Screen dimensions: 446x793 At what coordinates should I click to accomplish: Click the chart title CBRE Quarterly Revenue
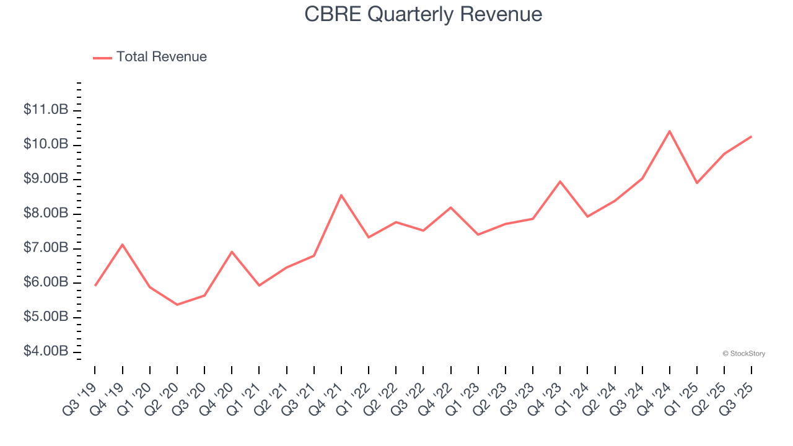pyautogui.click(x=423, y=14)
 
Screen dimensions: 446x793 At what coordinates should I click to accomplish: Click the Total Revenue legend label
pyautogui.click(x=161, y=57)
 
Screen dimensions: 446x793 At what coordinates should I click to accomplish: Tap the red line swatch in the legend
pyautogui.click(x=102, y=58)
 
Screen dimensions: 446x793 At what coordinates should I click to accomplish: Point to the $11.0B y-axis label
pyautogui.click(x=46, y=110)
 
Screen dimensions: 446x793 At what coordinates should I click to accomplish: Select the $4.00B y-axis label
pyautogui.click(x=46, y=352)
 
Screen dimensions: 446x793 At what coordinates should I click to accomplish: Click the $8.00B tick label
pyautogui.click(x=46, y=214)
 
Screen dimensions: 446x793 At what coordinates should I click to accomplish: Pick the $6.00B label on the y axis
pyautogui.click(x=46, y=282)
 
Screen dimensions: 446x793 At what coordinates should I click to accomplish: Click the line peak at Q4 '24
pyautogui.click(x=670, y=131)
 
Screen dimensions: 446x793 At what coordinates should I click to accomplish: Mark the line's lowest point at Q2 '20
pyautogui.click(x=177, y=305)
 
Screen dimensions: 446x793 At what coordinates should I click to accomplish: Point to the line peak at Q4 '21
pyautogui.click(x=341, y=195)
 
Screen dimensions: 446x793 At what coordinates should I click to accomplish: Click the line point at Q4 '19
pyautogui.click(x=123, y=245)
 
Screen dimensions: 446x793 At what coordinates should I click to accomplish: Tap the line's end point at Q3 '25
pyautogui.click(x=751, y=136)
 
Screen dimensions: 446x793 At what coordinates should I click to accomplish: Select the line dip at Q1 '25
pyautogui.click(x=697, y=183)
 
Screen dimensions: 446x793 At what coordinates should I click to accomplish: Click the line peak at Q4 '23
pyautogui.click(x=560, y=181)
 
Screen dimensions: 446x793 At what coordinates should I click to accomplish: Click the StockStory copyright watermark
pyautogui.click(x=743, y=354)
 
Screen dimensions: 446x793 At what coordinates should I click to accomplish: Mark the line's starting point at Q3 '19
pyautogui.click(x=95, y=285)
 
